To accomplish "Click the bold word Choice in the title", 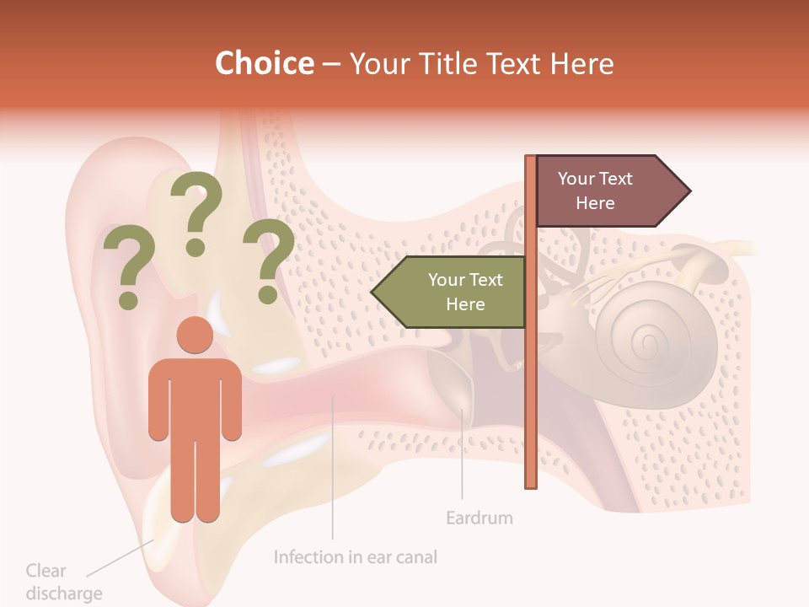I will click(x=264, y=63).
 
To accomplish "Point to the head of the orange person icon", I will click(x=195, y=335).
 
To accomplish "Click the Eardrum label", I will click(x=479, y=518).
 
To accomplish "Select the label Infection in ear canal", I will click(x=356, y=557).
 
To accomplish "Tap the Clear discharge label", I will click(x=63, y=582).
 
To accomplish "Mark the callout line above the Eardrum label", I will click(x=462, y=455).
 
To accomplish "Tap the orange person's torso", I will click(x=195, y=396).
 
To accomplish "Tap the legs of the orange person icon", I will click(x=195, y=481).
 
